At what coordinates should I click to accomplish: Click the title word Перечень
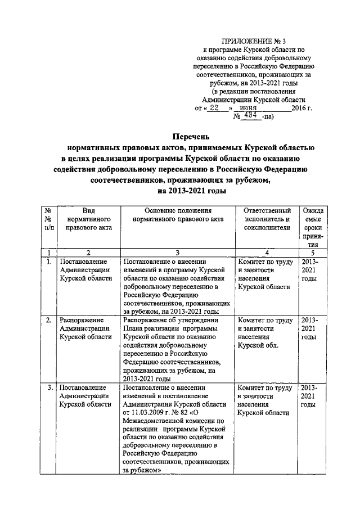tap(190, 136)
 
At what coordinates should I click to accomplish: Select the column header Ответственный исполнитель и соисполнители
tap(267, 219)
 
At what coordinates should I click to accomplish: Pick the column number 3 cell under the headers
tap(177, 254)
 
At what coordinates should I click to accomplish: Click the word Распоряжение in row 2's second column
tap(86, 321)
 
